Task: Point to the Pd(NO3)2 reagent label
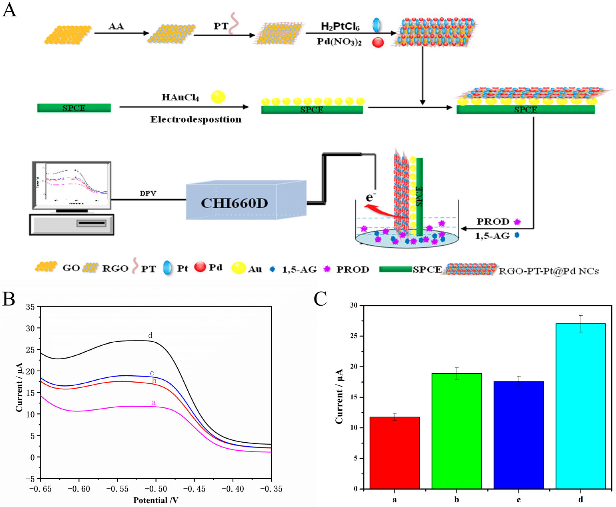click(x=339, y=42)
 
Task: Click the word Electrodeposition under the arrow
click(x=196, y=119)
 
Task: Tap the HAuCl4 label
click(x=180, y=97)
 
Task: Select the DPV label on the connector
click(x=148, y=193)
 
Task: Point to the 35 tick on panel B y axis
click(x=30, y=307)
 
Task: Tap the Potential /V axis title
click(x=156, y=500)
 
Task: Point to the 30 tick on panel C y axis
click(x=354, y=306)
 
